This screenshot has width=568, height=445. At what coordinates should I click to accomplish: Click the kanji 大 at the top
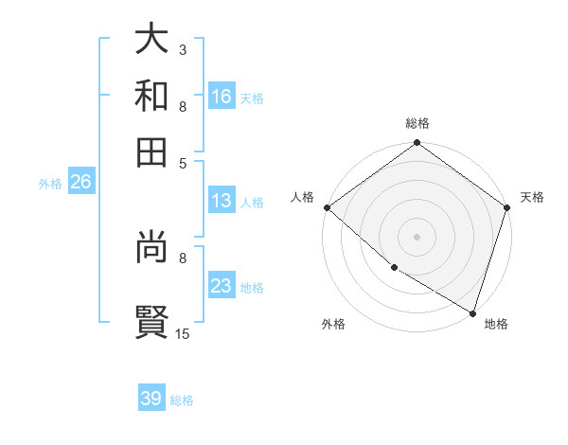(151, 39)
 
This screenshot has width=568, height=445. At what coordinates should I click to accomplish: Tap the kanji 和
(151, 95)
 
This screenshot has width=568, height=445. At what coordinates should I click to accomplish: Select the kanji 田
(151, 151)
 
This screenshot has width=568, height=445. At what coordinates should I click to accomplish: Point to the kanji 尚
(151, 249)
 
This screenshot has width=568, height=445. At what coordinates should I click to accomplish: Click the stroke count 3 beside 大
(182, 48)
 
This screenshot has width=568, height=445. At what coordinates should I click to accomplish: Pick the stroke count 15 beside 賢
(183, 332)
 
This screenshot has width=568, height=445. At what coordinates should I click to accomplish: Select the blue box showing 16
(222, 96)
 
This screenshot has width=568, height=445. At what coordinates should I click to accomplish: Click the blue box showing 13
(222, 201)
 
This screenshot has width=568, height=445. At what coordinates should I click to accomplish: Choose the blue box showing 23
(222, 286)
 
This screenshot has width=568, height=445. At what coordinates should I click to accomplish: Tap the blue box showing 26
(80, 183)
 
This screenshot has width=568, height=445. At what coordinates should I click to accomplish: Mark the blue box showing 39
(151, 399)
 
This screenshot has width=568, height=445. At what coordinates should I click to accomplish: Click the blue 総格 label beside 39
(182, 400)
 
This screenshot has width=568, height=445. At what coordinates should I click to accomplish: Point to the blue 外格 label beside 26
(50, 184)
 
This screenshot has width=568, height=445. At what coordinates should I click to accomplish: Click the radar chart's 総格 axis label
(417, 123)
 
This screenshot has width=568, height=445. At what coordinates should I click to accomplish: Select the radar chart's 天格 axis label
(532, 197)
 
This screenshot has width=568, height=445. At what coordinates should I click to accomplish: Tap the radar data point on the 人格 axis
(327, 207)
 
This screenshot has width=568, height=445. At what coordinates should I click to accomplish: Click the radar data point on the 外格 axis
(394, 268)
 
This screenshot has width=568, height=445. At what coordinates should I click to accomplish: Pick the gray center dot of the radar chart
(417, 236)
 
